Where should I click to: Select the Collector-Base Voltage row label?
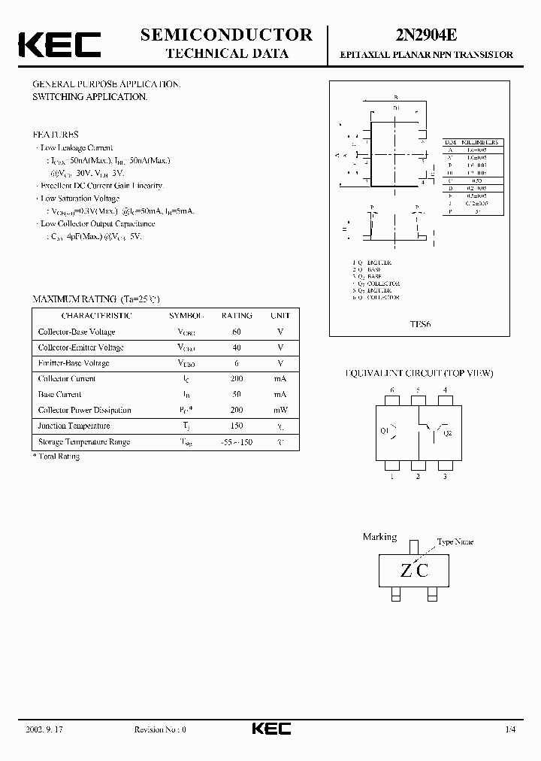click(77, 332)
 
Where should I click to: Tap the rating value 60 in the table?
click(237, 332)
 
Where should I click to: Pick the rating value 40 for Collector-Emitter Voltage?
click(237, 347)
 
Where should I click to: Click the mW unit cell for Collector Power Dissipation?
click(280, 411)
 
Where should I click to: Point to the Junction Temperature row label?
click(74, 426)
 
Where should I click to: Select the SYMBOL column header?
click(186, 316)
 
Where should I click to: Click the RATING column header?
click(237, 316)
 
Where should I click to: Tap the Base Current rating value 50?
click(237, 394)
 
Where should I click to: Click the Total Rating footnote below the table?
click(56, 456)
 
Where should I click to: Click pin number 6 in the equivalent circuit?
click(392, 390)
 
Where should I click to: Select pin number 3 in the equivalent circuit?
click(445, 476)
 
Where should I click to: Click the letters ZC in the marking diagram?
click(414, 571)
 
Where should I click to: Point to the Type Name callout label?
click(455, 541)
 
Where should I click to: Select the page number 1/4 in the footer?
click(511, 729)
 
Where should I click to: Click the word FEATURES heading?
click(56, 135)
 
